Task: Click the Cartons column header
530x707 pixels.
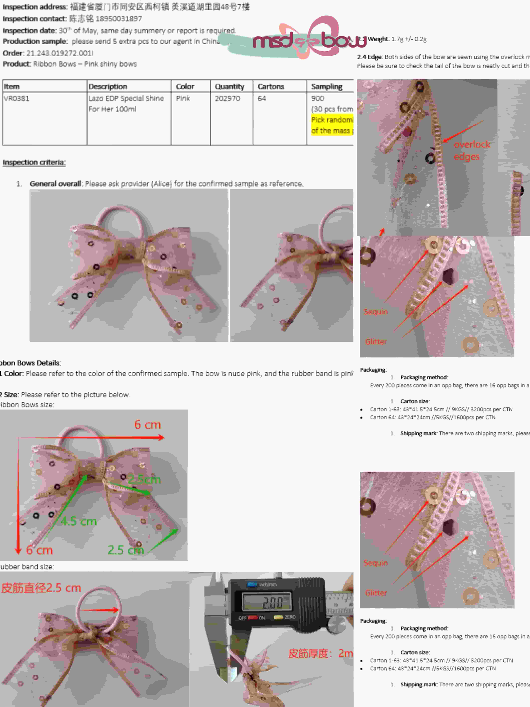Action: tap(271, 87)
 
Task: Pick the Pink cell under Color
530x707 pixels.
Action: tap(183, 98)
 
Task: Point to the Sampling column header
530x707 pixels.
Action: tap(326, 87)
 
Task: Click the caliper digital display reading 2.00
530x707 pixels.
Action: tap(268, 603)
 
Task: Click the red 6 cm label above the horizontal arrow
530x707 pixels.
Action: tap(147, 425)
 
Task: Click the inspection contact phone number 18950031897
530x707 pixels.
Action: tap(118, 19)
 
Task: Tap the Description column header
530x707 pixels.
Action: tap(108, 87)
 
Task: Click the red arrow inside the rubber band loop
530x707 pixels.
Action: tap(99, 610)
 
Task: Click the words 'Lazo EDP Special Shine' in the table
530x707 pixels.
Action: tap(126, 98)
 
